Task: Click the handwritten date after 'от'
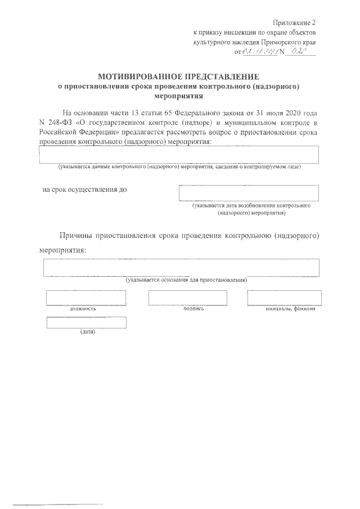click(x=263, y=52)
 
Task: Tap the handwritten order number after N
click(x=301, y=52)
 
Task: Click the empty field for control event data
click(x=179, y=154)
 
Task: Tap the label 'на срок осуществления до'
click(x=85, y=189)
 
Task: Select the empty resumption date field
click(x=248, y=193)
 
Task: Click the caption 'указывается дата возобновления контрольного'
click(x=251, y=206)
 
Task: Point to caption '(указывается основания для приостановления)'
click(x=186, y=280)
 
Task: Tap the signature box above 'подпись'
click(x=187, y=298)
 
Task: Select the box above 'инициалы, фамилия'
click(x=284, y=298)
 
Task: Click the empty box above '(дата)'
click(x=86, y=322)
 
